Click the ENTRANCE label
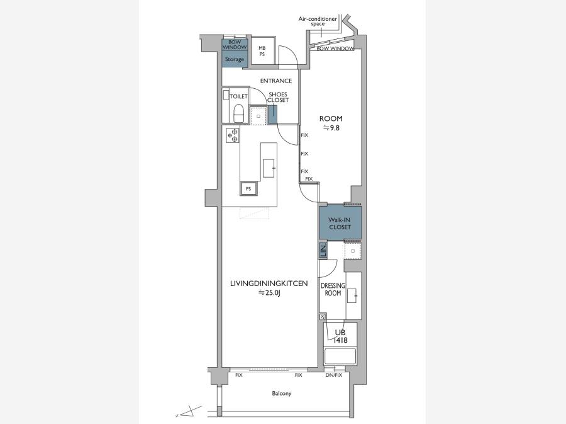[x=276, y=81]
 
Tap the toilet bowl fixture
[x=239, y=113]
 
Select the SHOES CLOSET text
[x=278, y=97]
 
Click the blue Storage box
[x=235, y=59]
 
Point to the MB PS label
[x=262, y=51]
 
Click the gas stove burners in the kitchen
[x=233, y=135]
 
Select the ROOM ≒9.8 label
[x=331, y=123]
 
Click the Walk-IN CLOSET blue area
[x=340, y=223]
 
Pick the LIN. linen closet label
[x=323, y=251]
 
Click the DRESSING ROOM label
[x=333, y=289]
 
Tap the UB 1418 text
[x=340, y=336]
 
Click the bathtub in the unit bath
[x=340, y=356]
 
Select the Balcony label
[x=282, y=393]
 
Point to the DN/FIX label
[x=333, y=375]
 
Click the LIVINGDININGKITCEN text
[x=269, y=284]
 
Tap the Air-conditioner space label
[x=318, y=21]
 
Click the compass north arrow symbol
[x=189, y=411]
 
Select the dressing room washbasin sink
[x=352, y=295]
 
